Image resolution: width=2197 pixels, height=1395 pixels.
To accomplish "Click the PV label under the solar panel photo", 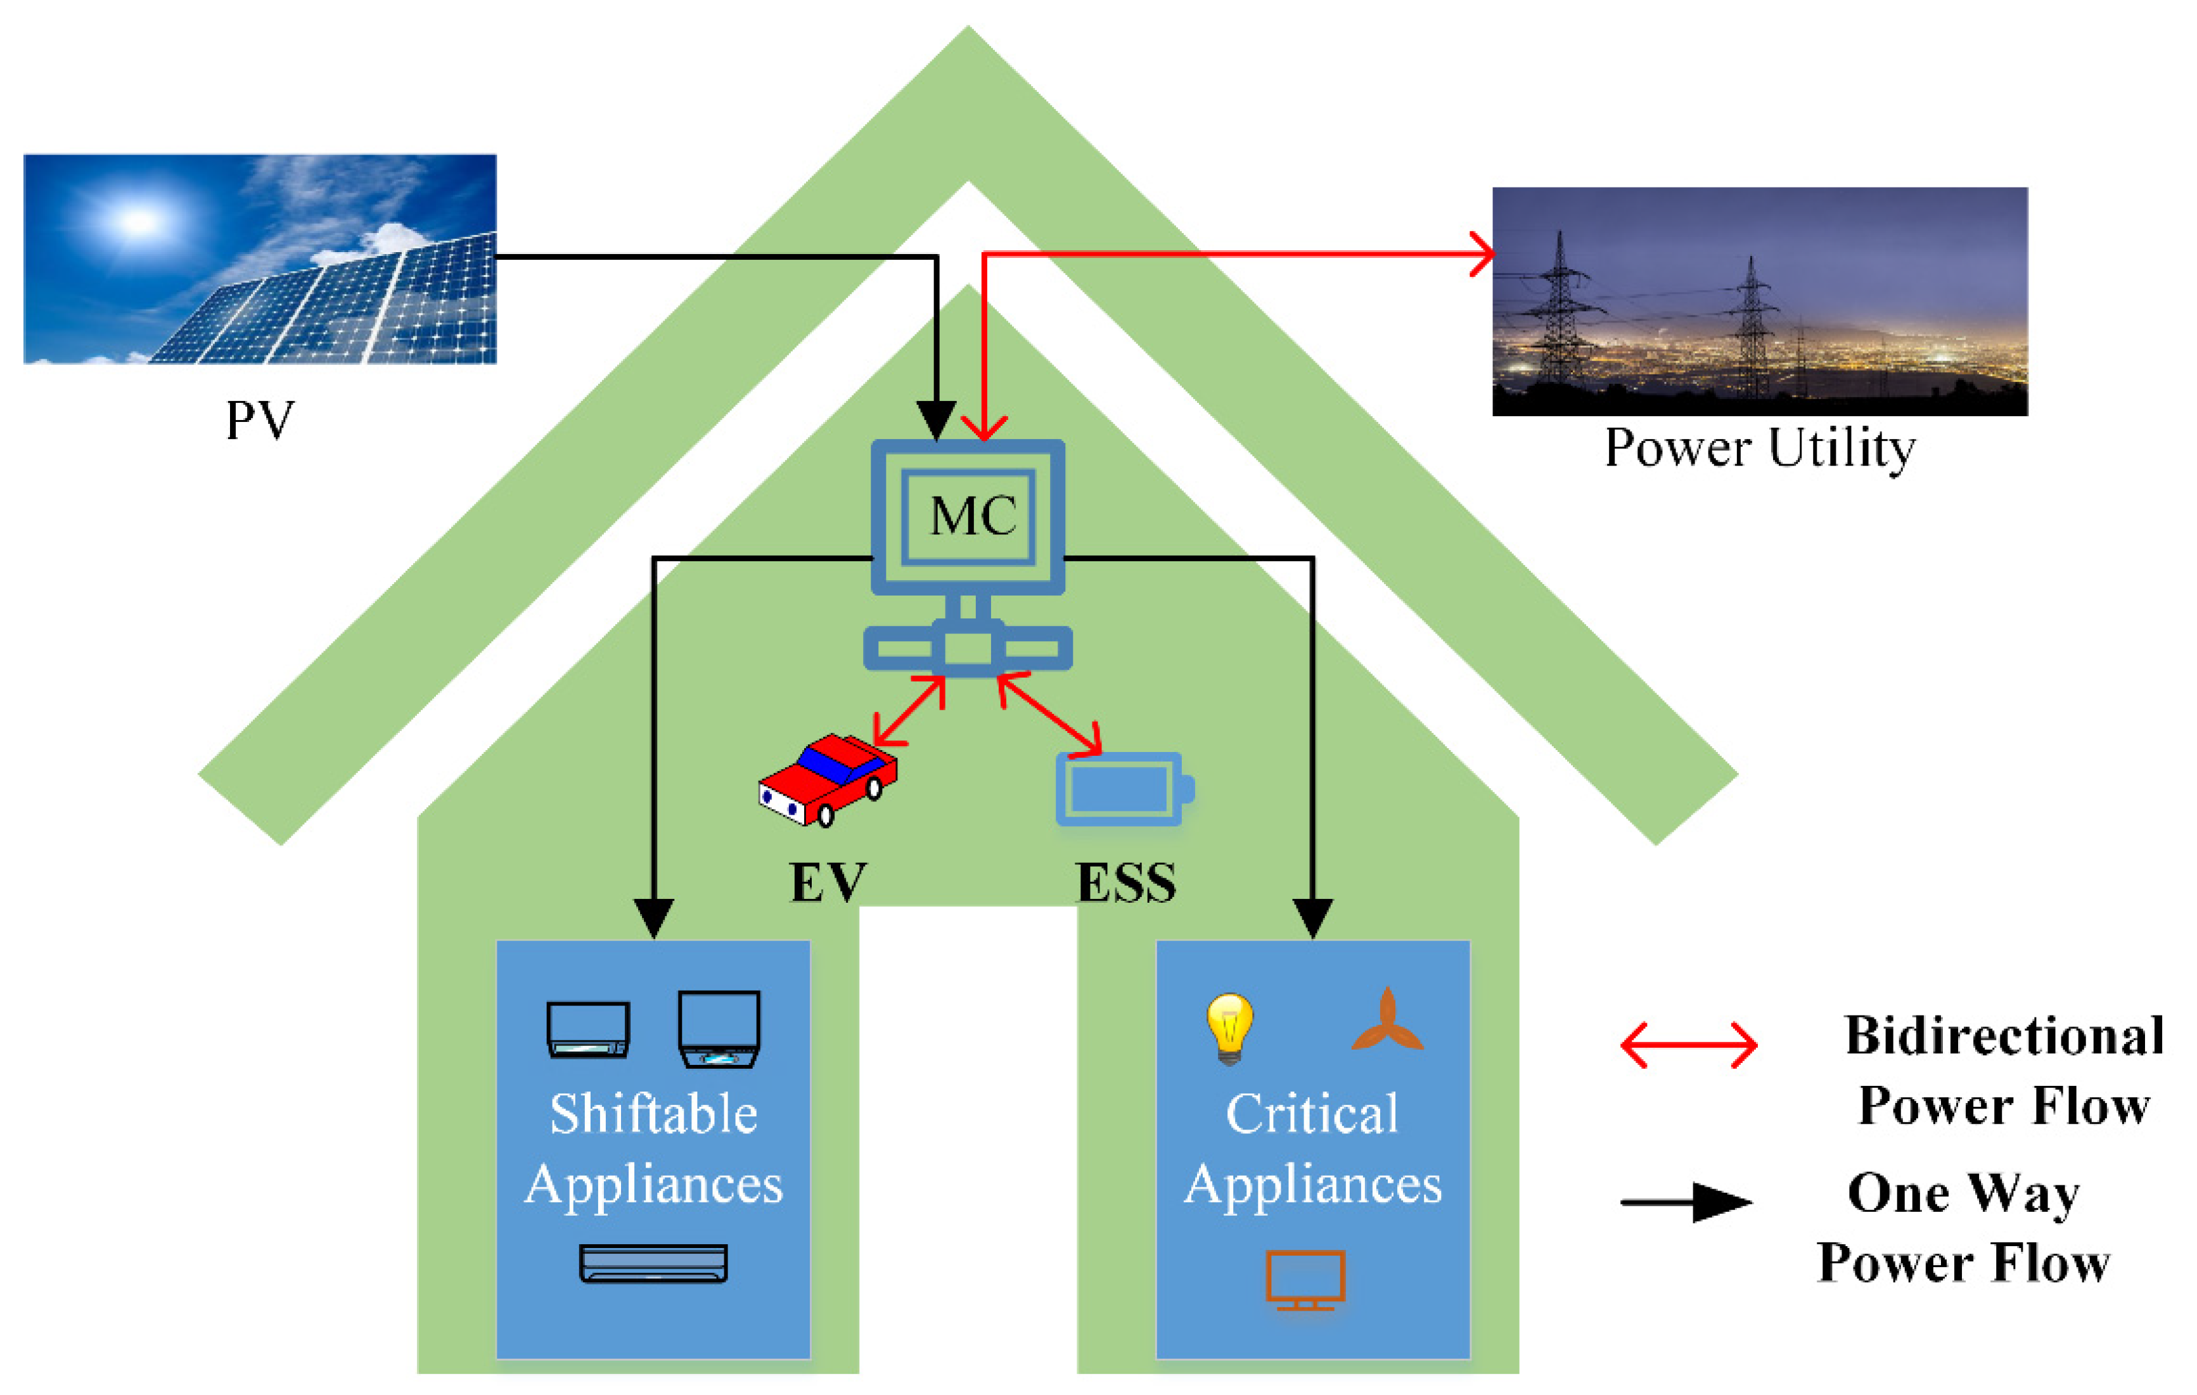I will [x=260, y=421].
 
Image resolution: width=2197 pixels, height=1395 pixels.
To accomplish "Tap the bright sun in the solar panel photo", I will [x=139, y=220].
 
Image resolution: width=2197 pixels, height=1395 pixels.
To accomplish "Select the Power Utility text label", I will [x=1759, y=449].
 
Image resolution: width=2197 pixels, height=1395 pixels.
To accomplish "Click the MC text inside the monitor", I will [x=973, y=516].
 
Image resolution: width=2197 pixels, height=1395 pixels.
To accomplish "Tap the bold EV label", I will [x=828, y=882].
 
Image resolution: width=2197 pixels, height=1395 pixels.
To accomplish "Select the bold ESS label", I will [x=1126, y=882].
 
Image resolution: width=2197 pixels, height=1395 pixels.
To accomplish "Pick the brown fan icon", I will [x=1387, y=1022].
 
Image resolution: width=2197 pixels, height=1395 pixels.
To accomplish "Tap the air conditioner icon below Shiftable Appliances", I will [x=653, y=1263].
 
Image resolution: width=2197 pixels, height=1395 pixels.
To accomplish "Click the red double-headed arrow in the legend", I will [x=1688, y=1045].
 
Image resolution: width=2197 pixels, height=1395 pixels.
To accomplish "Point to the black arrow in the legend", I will [x=1686, y=1202].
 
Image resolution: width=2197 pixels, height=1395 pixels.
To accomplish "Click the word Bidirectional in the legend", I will [x=2004, y=1036].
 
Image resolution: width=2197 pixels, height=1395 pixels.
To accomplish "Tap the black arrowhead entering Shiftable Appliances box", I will [x=653, y=916].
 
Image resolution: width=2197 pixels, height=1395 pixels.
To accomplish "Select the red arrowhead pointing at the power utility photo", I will [x=1482, y=253].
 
